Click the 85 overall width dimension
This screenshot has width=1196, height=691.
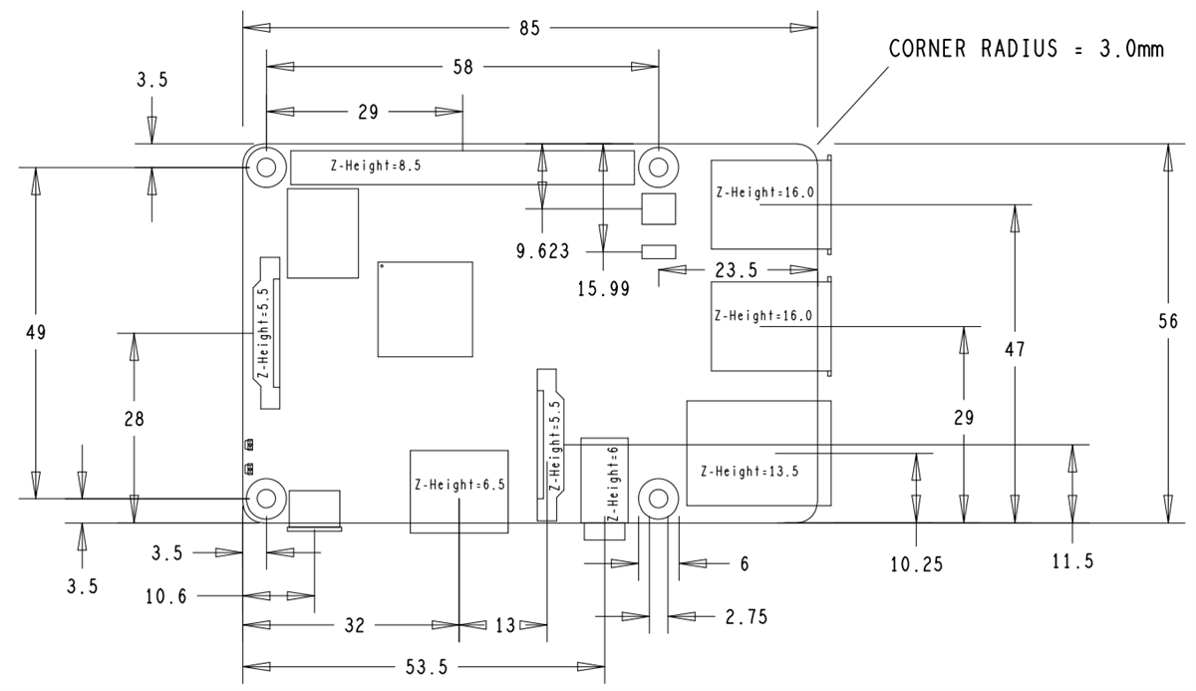pos(529,28)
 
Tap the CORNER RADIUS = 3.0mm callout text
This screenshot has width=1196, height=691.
pos(1027,50)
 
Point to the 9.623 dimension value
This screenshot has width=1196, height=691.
pos(543,251)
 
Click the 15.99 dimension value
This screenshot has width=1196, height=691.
pos(603,288)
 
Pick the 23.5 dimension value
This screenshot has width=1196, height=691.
pos(737,269)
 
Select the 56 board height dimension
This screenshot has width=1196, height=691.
pos(1168,321)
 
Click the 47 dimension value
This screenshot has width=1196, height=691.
pos(1015,350)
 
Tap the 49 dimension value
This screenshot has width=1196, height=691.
pos(36,331)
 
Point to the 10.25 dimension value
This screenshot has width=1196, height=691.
pos(916,564)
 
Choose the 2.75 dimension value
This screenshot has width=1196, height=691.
pos(747,617)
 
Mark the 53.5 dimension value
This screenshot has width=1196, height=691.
pos(426,667)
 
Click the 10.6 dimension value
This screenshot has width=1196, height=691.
pos(167,596)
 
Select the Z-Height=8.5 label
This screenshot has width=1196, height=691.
pos(376,167)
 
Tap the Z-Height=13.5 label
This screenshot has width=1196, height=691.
pos(749,472)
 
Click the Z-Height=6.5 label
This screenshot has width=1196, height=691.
pos(459,486)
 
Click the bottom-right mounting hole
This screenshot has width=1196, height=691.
pos(658,497)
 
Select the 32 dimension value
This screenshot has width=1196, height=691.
pos(354,626)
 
